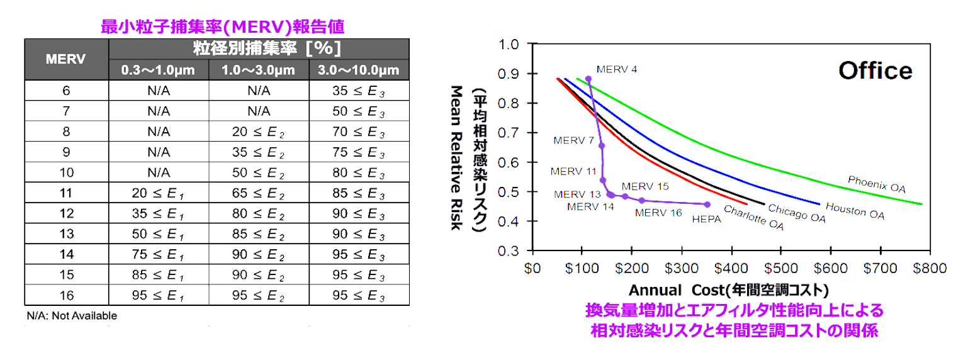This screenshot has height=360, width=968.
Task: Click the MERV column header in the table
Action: pyautogui.click(x=66, y=59)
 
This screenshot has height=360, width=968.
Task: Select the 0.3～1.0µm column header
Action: pyautogui.click(x=159, y=70)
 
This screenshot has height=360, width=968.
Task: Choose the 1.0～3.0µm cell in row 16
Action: pyautogui.click(x=259, y=295)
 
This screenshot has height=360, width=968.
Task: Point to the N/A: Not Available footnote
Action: pyautogui.click(x=72, y=316)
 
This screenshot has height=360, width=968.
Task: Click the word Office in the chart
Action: pyautogui.click(x=875, y=70)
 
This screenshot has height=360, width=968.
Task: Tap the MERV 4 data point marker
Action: pyautogui.click(x=588, y=79)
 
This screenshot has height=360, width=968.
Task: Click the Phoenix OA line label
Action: pyautogui.click(x=876, y=183)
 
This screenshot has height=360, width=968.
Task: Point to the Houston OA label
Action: pyautogui.click(x=854, y=211)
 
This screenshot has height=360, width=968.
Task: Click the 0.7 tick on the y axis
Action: pyautogui.click(x=509, y=133)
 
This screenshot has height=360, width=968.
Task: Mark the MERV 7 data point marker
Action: pyautogui.click(x=602, y=145)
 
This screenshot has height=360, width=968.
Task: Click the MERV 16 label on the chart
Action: pyautogui.click(x=658, y=213)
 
